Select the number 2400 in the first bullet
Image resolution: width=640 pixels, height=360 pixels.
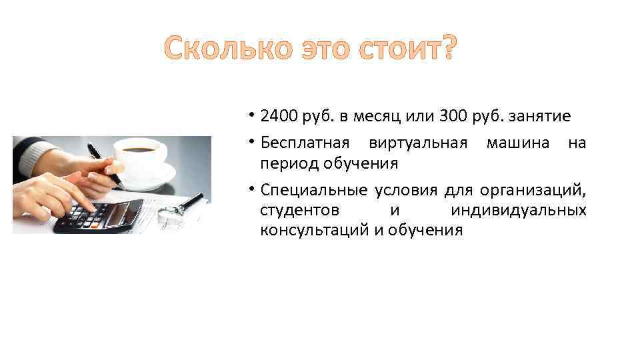pos(279,117)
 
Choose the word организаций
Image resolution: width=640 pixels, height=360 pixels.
pos(537,190)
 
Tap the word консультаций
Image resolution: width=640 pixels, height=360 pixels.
pos(314,231)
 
